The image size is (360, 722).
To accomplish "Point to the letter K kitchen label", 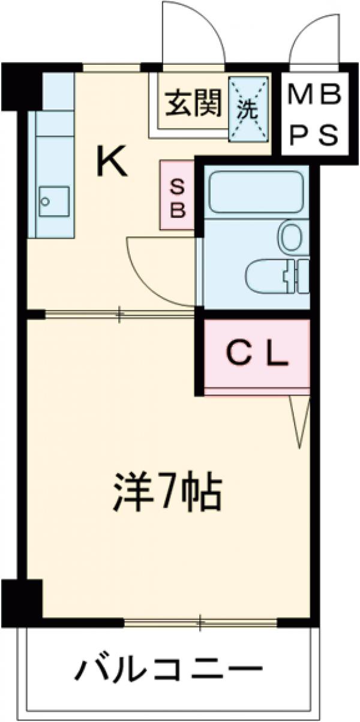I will point(113,162).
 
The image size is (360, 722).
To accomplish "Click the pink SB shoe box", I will point(178,195).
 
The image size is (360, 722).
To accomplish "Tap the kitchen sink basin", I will point(54,200).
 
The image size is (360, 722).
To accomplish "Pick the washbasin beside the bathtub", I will point(294,237).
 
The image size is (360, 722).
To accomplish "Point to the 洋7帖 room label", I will point(167,492).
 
